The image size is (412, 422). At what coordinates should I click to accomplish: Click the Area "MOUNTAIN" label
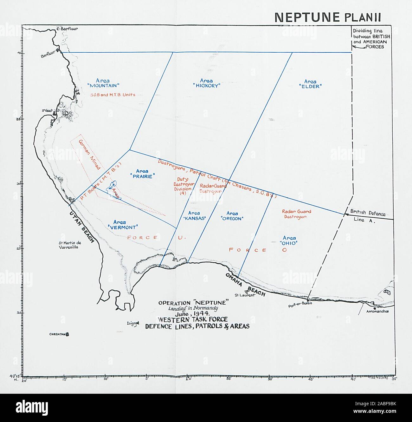click(103, 83)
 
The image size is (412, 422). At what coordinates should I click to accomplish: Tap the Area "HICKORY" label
click(206, 83)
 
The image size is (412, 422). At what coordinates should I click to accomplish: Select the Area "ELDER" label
click(310, 84)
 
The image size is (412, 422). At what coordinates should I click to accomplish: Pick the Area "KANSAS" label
click(194, 216)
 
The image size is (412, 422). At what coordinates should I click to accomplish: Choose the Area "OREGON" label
click(232, 216)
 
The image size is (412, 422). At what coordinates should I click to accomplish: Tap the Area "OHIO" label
click(289, 241)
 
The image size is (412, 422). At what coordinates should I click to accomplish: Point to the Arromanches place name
click(377, 311)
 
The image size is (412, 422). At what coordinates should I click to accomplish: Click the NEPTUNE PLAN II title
click(327, 17)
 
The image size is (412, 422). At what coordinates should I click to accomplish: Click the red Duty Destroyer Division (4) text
click(183, 186)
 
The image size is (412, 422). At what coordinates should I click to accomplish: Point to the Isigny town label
click(132, 323)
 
